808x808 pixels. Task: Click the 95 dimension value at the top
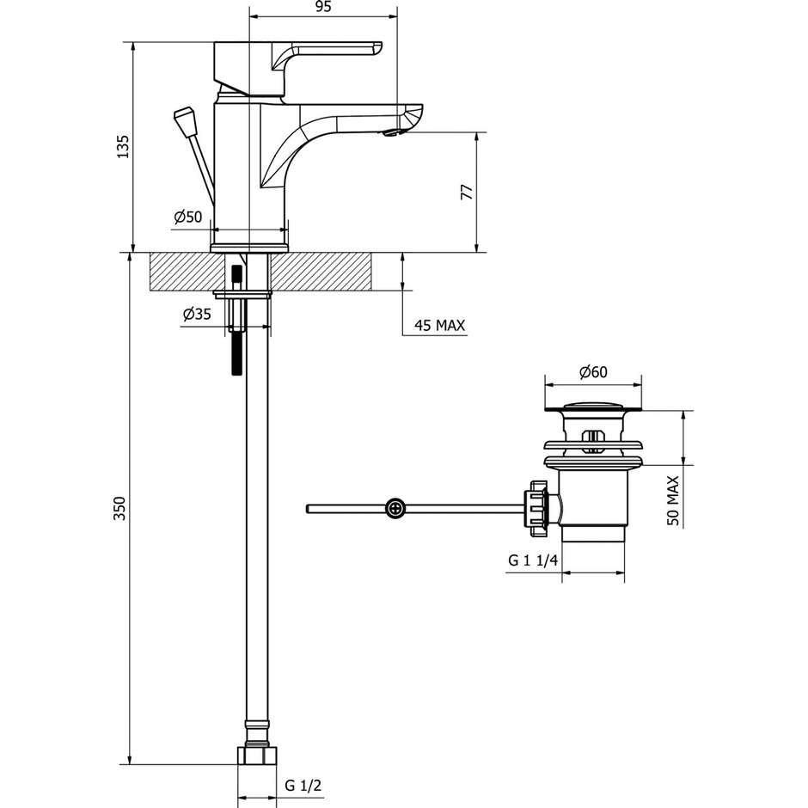click(x=323, y=8)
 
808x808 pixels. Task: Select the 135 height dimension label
click(x=123, y=146)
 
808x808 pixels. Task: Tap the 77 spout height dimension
click(x=467, y=192)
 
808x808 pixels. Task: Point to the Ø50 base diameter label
click(x=187, y=217)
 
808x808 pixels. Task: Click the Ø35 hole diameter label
click(x=197, y=315)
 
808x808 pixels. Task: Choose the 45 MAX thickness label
click(x=439, y=326)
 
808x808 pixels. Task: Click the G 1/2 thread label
click(x=303, y=786)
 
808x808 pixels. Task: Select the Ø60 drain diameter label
click(x=593, y=372)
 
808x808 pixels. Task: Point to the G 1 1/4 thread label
click(x=533, y=560)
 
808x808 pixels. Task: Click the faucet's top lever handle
click(x=327, y=50)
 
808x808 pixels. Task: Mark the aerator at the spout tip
click(x=394, y=132)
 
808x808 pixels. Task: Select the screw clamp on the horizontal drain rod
click(x=395, y=509)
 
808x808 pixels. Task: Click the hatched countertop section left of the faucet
click(x=181, y=272)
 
